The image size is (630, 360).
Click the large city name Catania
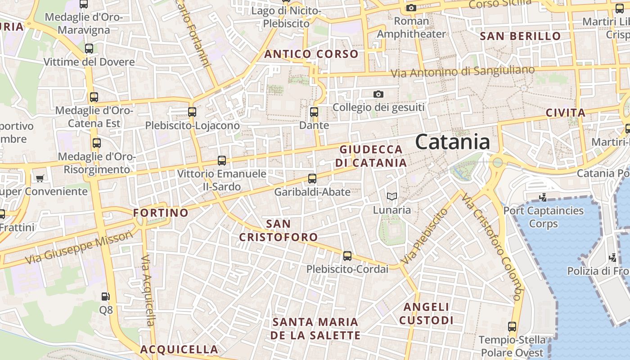tap(452, 142)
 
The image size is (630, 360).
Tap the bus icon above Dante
tap(314, 112)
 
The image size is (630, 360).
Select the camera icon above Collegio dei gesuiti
tap(378, 94)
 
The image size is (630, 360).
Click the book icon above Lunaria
tap(392, 196)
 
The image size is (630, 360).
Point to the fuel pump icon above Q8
tap(105, 297)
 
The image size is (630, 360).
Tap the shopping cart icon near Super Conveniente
tap(40, 178)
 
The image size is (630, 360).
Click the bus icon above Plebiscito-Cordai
tap(347, 256)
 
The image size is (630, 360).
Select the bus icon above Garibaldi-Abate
tap(312, 179)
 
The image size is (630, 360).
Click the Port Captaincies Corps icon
tap(543, 197)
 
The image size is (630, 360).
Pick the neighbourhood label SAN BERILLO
tap(521, 36)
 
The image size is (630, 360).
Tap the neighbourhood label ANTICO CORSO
tap(311, 54)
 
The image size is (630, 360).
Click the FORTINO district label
tap(161, 213)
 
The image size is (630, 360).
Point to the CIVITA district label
tap(566, 113)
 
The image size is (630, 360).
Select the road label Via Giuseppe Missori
tap(79, 247)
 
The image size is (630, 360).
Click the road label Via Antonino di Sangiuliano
tap(463, 72)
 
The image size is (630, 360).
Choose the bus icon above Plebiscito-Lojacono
tap(192, 112)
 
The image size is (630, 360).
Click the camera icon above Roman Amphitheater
tap(411, 8)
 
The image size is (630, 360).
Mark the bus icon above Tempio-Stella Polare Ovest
tap(512, 327)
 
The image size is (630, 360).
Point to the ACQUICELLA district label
tap(179, 349)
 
